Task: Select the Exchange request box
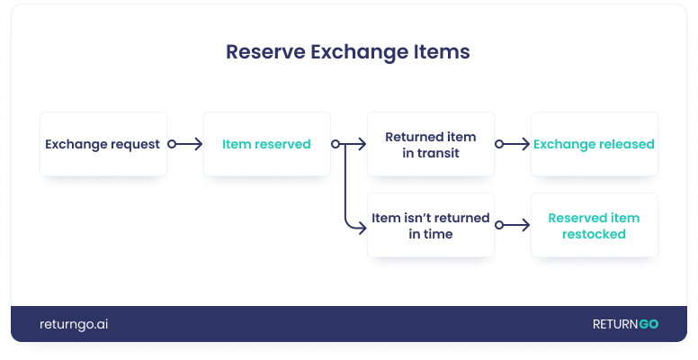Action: coord(103,144)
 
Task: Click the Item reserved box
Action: coord(267,144)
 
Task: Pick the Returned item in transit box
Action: coord(431,144)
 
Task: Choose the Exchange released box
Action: coord(595,144)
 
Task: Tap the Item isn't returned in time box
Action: coord(431,225)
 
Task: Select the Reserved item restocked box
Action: coord(595,225)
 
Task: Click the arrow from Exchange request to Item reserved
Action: coord(185,144)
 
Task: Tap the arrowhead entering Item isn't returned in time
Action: coord(362,228)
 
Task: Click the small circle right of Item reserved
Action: coord(336,144)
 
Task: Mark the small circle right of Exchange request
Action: coord(172,144)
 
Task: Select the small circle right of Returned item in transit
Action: coord(499,144)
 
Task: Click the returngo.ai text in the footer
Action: coord(74,324)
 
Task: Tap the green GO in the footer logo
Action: coord(649,324)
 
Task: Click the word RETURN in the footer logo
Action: coord(615,324)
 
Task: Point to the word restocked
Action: coord(594,234)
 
